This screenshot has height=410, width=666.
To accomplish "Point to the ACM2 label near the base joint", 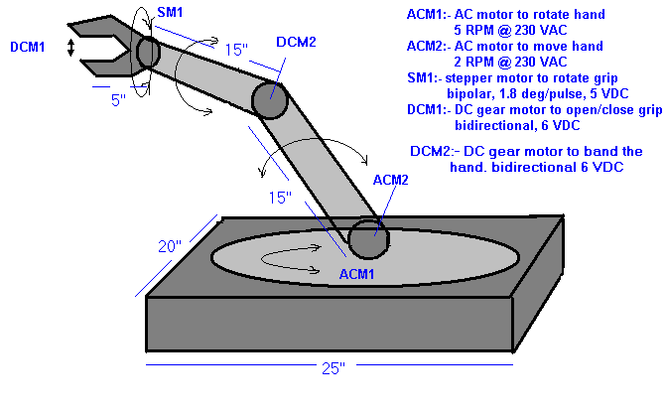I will coord(389,180).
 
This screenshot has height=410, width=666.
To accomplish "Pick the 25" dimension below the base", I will coord(333,368).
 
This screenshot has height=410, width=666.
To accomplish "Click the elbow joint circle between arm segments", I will coord(269,100).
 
